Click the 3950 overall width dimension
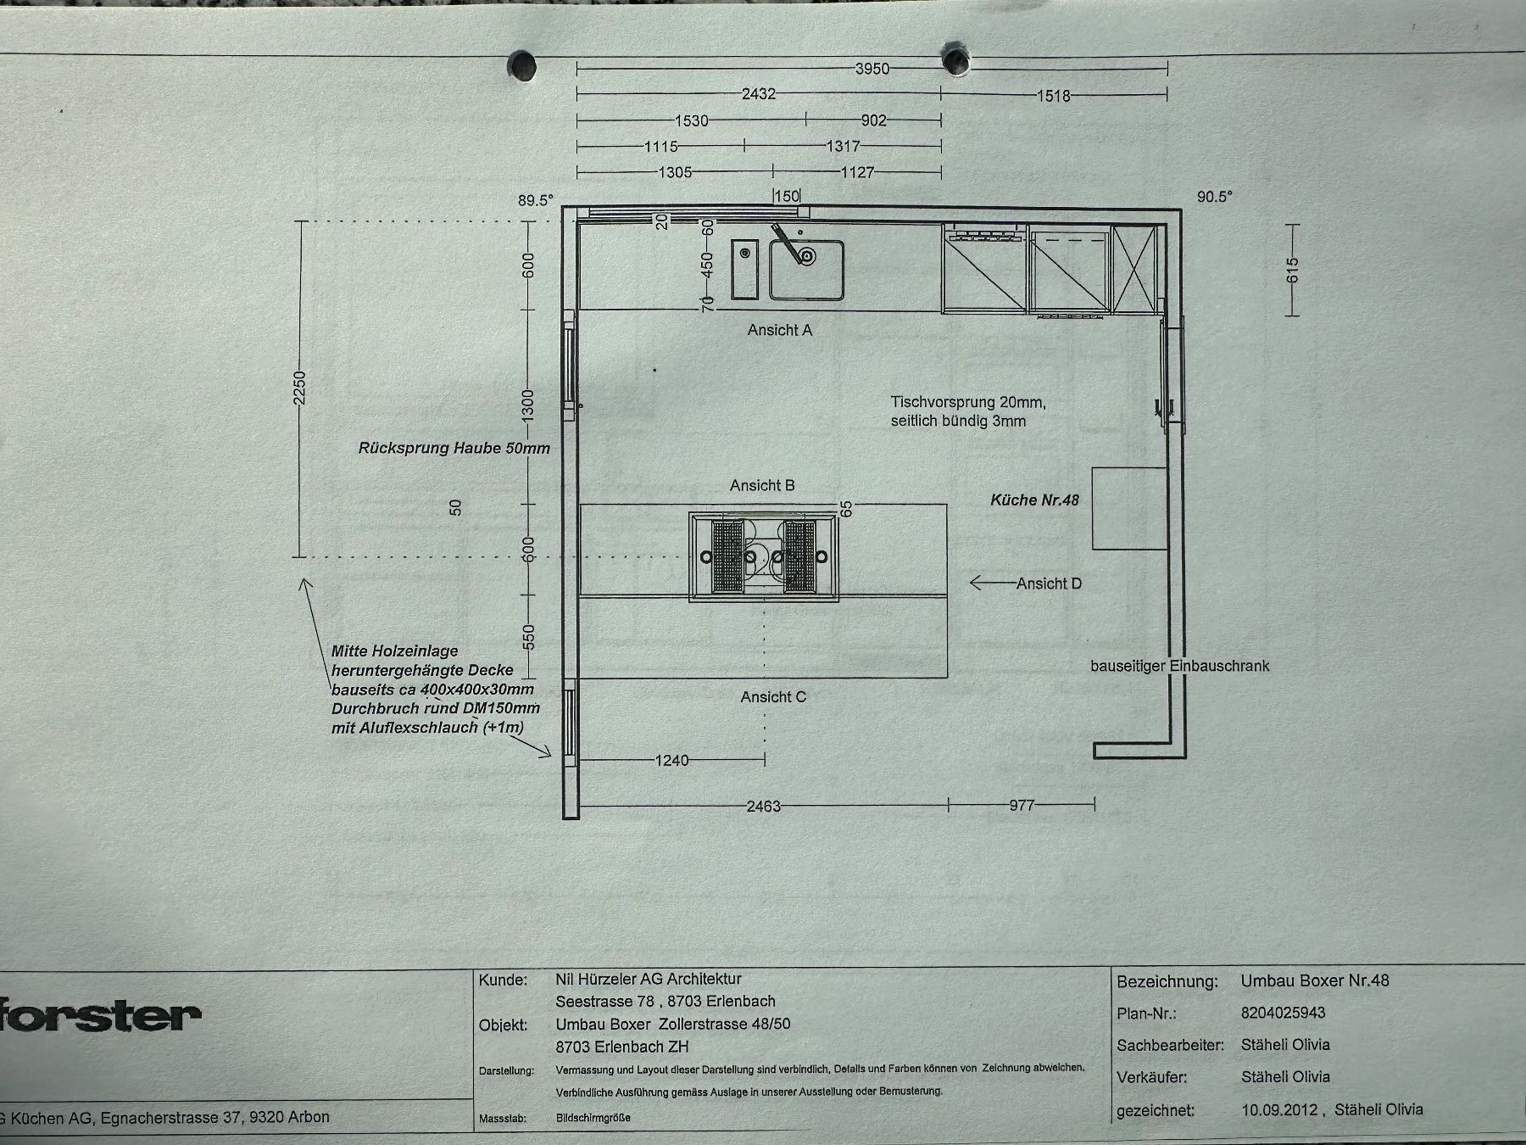coord(872,69)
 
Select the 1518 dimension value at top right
coord(1053,96)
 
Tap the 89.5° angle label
coord(536,200)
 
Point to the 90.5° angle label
coord(1214,197)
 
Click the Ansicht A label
coord(780,330)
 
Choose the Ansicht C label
coord(773,697)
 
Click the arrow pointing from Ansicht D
coord(992,583)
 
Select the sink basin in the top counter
coord(807,270)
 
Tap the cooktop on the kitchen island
coord(765,556)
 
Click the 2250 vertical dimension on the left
coord(298,388)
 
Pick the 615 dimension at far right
coord(1292,271)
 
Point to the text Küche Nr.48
coord(1034,500)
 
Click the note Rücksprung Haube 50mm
coord(454,448)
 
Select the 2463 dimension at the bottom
coord(763,806)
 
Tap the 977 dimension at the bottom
coord(1022,805)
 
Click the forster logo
coord(100,1015)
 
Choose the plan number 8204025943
coord(1283,1013)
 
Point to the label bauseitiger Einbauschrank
coord(1180,666)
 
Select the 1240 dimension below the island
coord(671,760)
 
